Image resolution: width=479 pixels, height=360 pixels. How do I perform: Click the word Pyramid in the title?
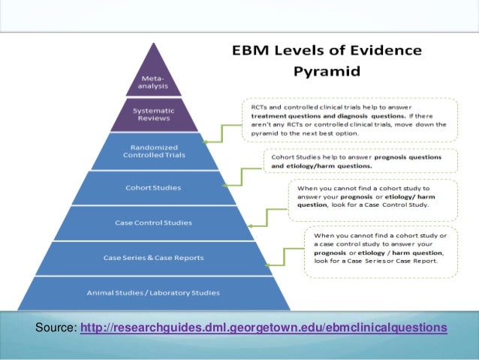339,73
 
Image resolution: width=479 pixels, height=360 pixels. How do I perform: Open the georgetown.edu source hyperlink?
263,328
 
